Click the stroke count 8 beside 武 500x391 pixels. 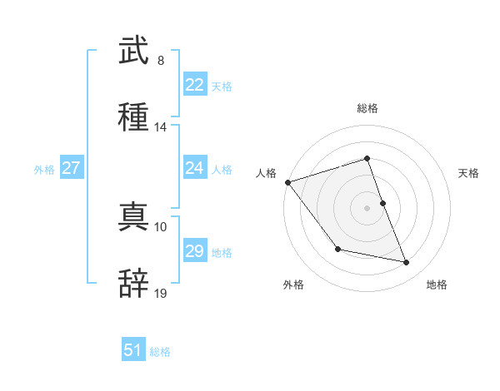pos(160,61)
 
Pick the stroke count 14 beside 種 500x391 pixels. pos(161,127)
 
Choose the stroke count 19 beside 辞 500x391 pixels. pos(161,293)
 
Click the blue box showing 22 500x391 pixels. pos(194,85)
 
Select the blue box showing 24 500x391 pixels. pos(194,168)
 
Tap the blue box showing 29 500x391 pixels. pos(194,251)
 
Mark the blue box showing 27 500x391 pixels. pos(71,168)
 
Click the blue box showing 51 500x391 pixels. pos(133,350)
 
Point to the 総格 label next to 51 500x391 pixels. pos(160,352)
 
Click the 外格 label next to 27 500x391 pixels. pos(44,170)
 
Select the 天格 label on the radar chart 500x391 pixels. pos(469,173)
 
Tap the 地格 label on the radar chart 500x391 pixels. pos(437,285)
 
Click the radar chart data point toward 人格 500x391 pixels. pos(287,182)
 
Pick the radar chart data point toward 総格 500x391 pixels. pos(367,158)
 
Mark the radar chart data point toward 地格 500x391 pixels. pos(407,263)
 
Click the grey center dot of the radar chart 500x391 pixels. pos(367,207)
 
